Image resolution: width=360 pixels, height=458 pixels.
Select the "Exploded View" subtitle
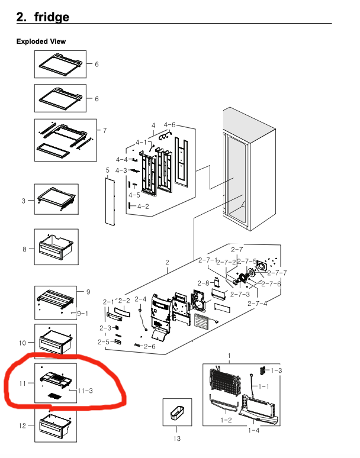(41, 41)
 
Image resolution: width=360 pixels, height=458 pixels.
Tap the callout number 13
(176, 438)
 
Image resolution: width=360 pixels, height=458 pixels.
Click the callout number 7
(105, 130)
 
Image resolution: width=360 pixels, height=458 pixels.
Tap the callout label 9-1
(82, 313)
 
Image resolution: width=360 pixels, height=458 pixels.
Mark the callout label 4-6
(169, 125)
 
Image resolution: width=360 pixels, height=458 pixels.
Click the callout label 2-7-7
(276, 273)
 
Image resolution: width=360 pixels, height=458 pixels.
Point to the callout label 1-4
(254, 430)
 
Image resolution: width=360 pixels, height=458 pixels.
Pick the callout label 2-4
(140, 299)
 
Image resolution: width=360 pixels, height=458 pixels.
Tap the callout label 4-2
(143, 207)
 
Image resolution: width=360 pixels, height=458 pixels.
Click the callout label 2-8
(203, 283)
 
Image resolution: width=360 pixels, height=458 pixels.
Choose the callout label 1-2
(226, 420)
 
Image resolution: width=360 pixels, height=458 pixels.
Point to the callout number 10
(22, 343)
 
